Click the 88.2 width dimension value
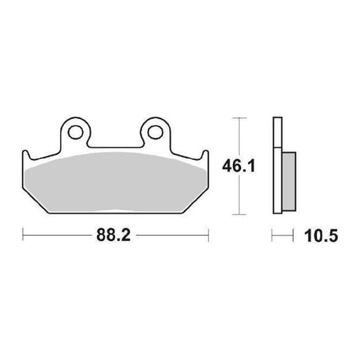pos(113,236)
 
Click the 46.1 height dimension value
pos(239,166)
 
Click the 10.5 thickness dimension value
pos(321,236)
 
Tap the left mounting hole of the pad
pos(75,132)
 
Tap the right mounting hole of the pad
pos(155,132)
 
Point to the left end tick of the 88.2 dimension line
pos(23,236)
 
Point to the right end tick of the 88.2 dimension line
pos(208,236)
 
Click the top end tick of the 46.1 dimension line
pos(239,118)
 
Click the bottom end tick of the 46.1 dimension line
pos(239,214)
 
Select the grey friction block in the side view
pos(289,182)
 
